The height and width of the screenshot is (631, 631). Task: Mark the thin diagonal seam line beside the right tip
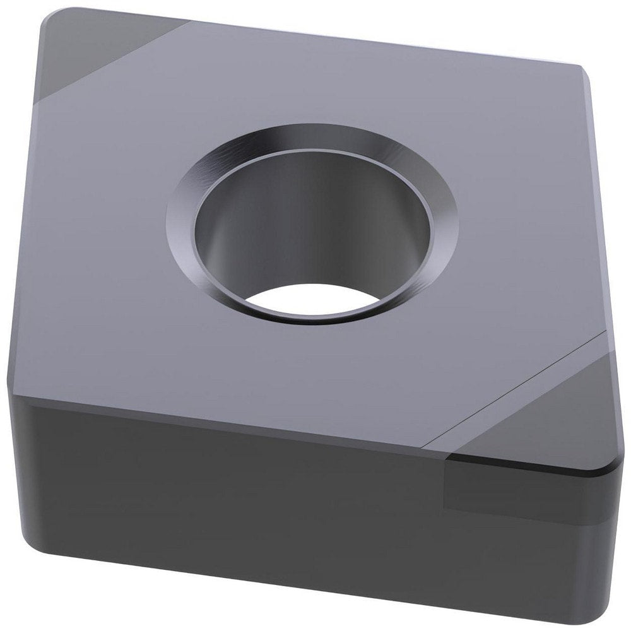517,391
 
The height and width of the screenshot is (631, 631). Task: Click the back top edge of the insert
379,41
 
